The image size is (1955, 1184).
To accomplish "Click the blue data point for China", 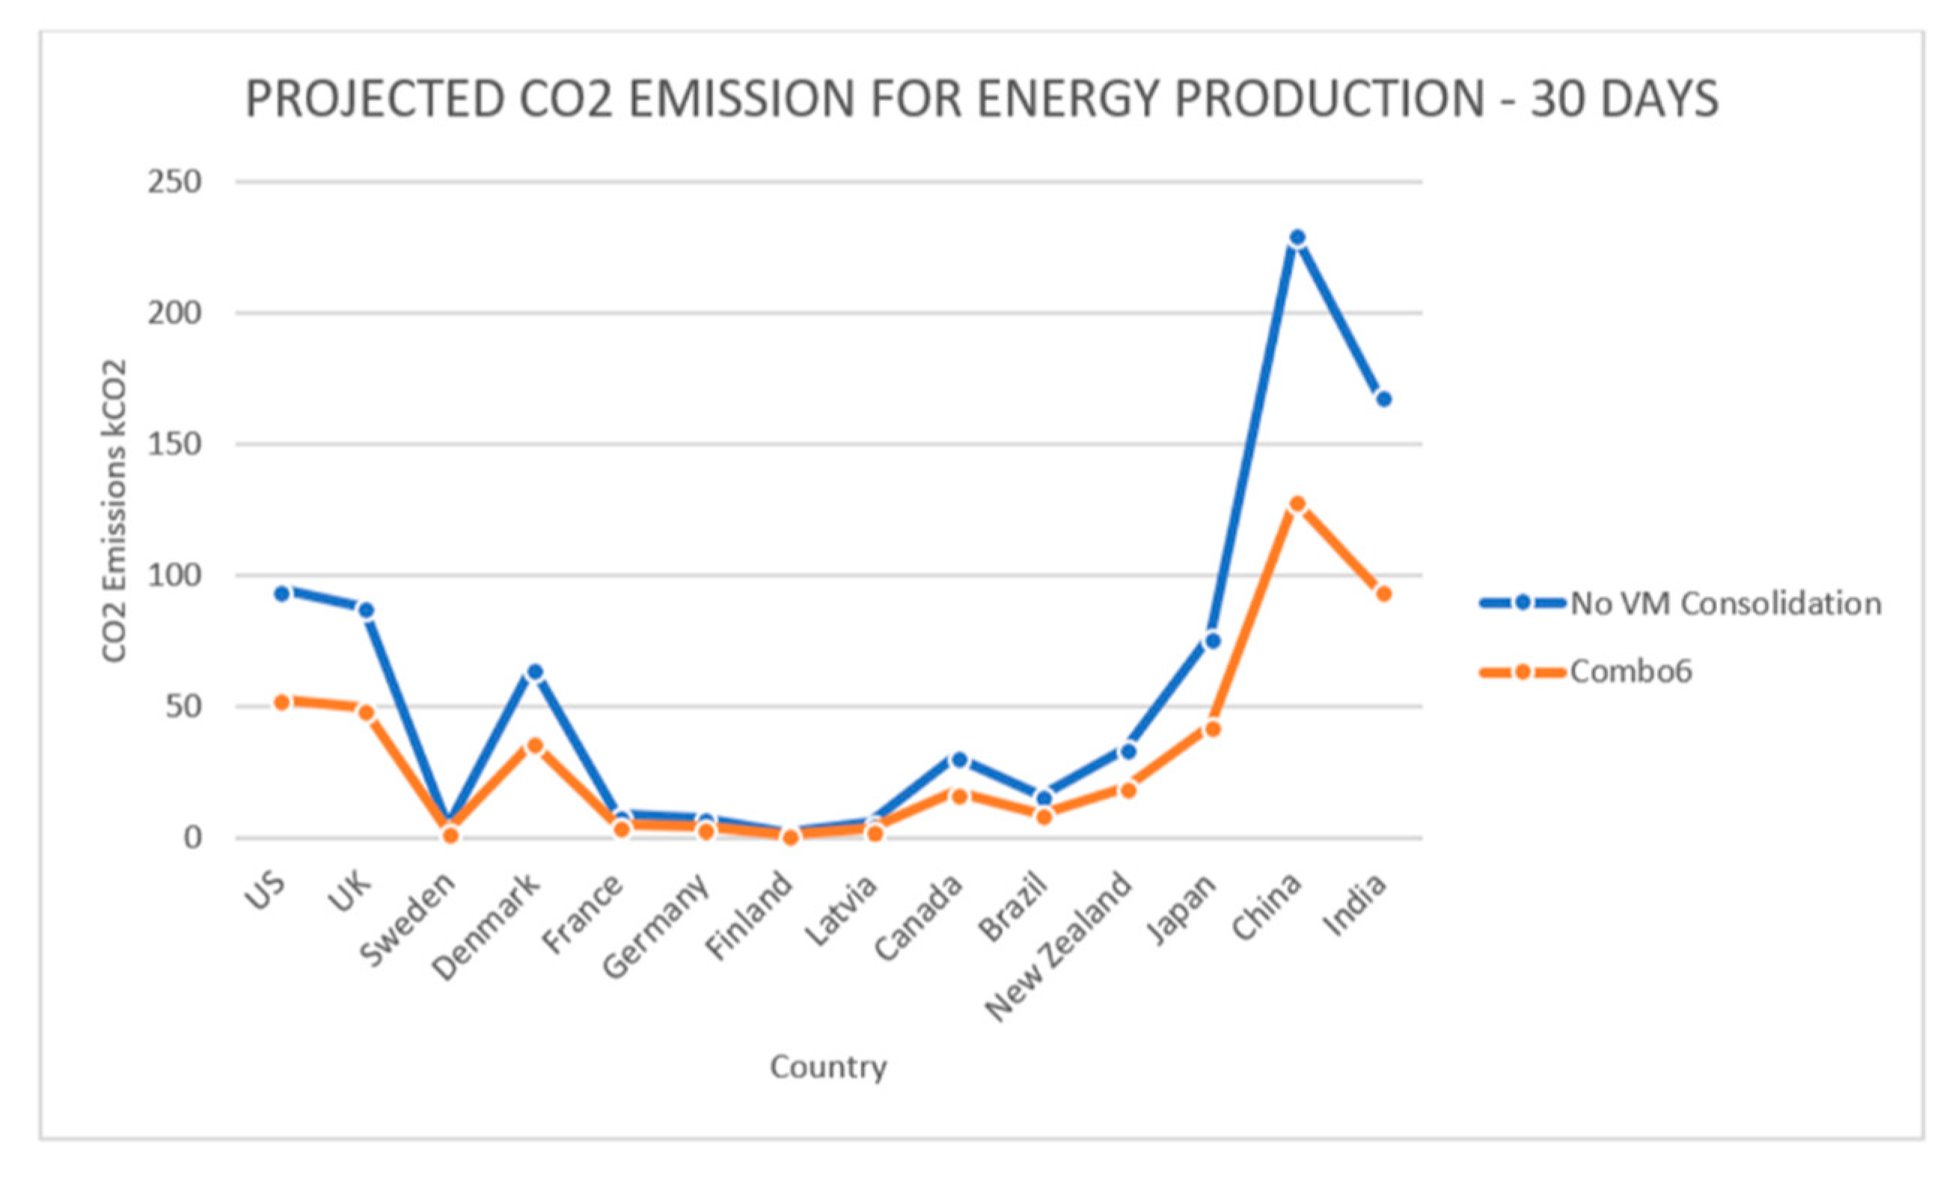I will click(x=1297, y=238).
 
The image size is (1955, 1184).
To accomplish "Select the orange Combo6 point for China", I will click(x=1297, y=504).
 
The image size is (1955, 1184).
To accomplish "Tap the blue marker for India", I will click(x=1383, y=399).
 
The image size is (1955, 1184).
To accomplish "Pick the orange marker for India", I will click(x=1383, y=593).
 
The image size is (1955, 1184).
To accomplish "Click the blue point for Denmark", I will click(x=535, y=672).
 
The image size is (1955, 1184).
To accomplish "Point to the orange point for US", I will click(x=281, y=701).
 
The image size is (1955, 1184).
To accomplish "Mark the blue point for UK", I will click(x=366, y=610).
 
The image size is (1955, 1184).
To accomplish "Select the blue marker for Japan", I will click(x=1212, y=641).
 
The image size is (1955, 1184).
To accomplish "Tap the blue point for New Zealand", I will click(x=1128, y=751).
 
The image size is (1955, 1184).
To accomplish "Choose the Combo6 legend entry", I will click(x=1630, y=672).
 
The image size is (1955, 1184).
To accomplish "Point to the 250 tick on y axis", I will click(x=174, y=183).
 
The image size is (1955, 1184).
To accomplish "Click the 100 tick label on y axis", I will click(x=174, y=576).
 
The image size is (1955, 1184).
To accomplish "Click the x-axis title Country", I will click(x=827, y=1066).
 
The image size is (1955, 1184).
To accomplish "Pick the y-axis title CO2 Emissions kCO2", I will click(x=114, y=511).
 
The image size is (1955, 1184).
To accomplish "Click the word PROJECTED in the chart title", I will click(x=375, y=100).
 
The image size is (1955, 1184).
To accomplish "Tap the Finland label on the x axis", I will click(x=750, y=917).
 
